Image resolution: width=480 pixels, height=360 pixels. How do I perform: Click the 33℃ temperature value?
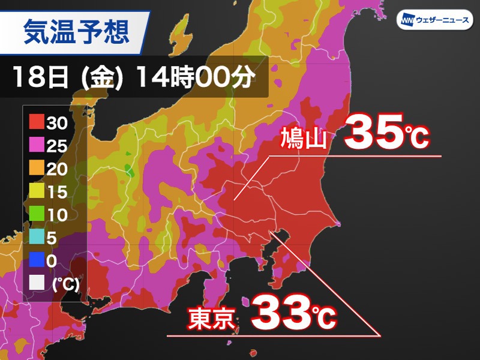click(293, 314)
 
